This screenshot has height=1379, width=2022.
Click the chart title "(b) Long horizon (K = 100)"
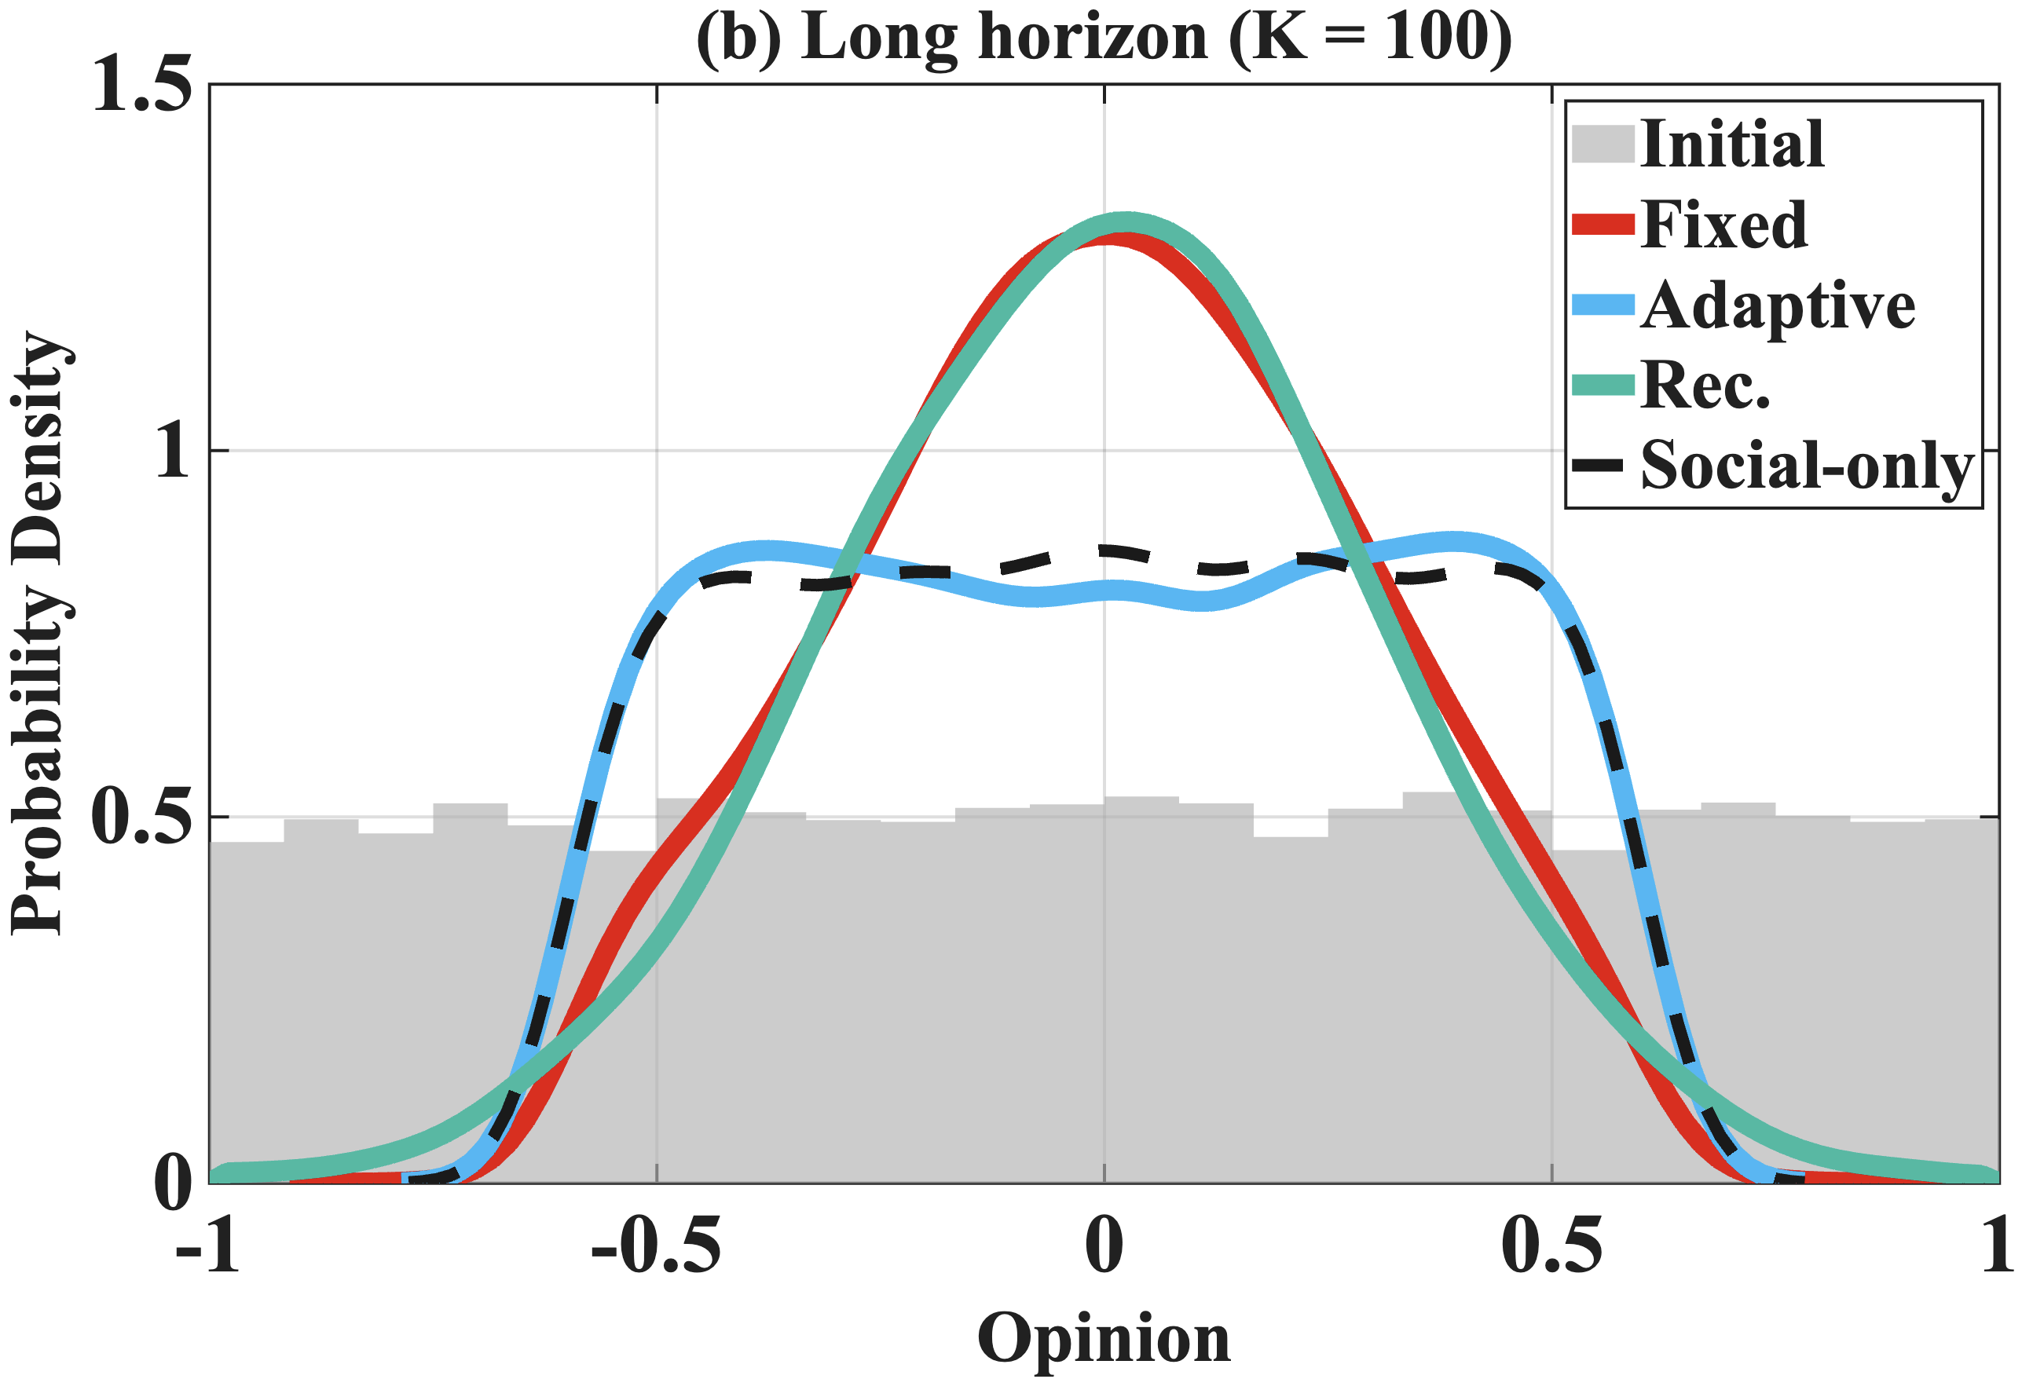coord(1103,38)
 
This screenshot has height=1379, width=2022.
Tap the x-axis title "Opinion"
coord(1103,1338)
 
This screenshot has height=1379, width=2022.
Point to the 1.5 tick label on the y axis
coord(141,86)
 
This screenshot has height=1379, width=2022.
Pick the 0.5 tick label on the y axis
coord(141,817)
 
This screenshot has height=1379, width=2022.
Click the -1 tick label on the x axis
coord(209,1245)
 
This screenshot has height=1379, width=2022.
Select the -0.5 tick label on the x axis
coord(656,1245)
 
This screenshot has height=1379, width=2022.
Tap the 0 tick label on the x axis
coord(1104,1245)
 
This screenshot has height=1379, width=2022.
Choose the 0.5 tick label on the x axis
coord(1552,1245)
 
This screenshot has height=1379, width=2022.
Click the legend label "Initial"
coord(1731,144)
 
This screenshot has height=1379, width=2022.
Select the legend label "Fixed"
coord(1724,225)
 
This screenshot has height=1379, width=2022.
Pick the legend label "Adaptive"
coord(1778,305)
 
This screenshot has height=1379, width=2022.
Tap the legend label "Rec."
coord(1705,386)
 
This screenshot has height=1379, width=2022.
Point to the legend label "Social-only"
coord(1806,466)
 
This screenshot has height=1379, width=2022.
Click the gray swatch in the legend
coord(1603,144)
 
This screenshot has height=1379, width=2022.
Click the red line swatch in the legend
coord(1603,225)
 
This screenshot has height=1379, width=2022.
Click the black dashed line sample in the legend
coord(1599,466)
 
